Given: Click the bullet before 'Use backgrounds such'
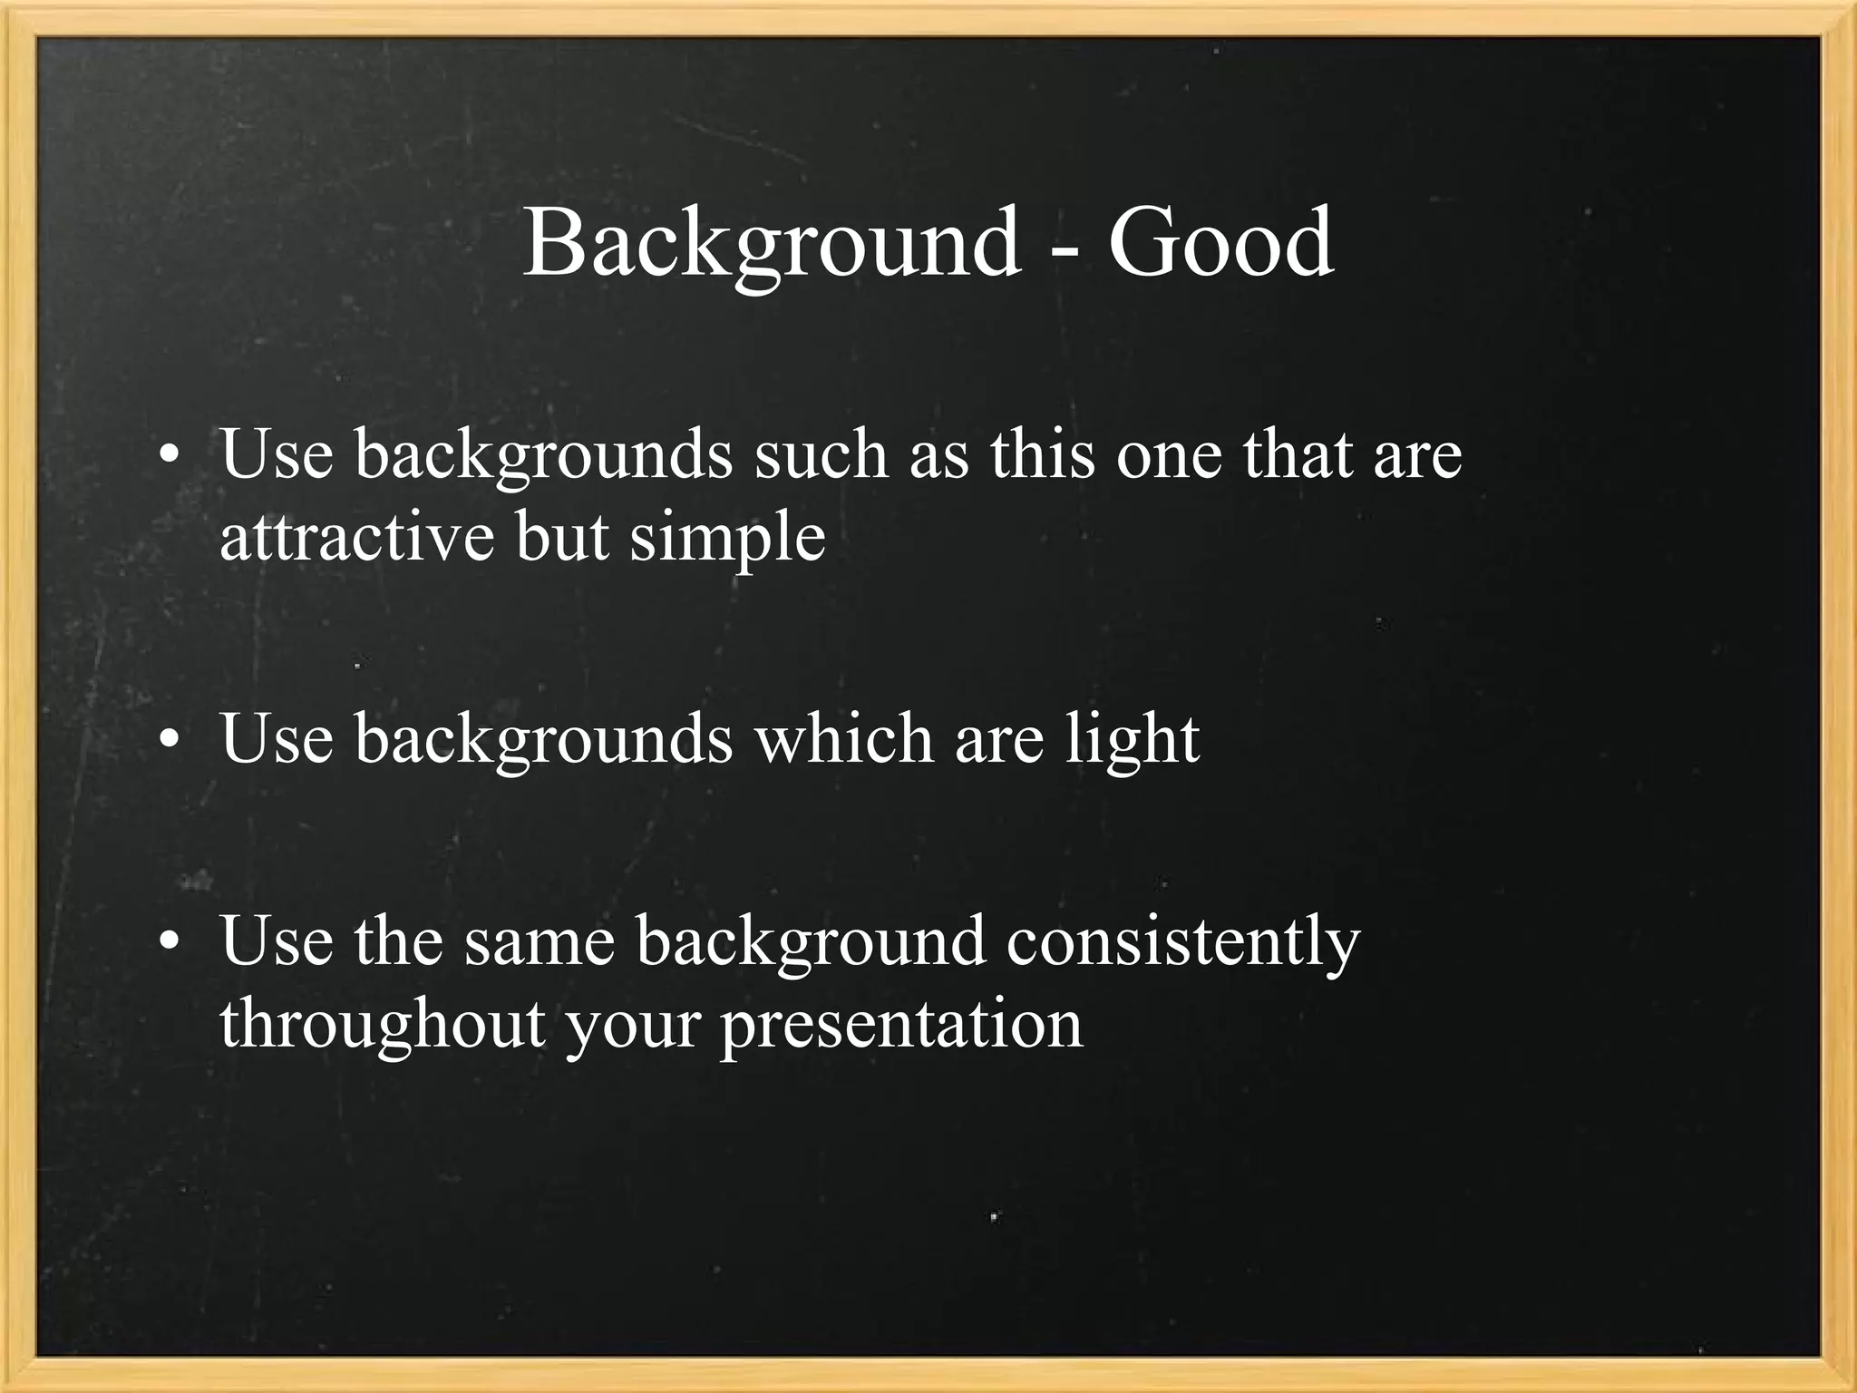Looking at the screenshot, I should pyautogui.click(x=166, y=456).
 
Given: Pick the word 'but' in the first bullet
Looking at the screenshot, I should pyautogui.click(x=562, y=537).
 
